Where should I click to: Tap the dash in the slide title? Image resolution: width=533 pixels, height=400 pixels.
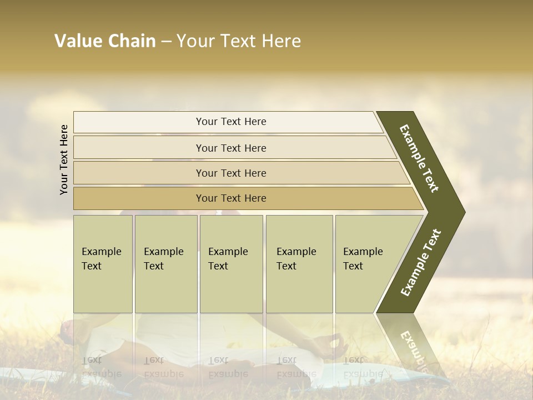[166, 42]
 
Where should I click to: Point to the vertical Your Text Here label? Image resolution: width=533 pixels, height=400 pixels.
[64, 159]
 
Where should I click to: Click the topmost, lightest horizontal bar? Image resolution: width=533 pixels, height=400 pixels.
[228, 122]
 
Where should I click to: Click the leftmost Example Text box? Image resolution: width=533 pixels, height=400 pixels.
[103, 264]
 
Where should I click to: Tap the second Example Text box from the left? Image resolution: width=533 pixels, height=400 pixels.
[165, 264]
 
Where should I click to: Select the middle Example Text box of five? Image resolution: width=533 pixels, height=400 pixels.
[231, 264]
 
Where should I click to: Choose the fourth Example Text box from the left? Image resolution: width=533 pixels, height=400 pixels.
[299, 264]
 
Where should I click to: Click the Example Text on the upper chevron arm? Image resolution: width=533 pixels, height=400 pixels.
[420, 158]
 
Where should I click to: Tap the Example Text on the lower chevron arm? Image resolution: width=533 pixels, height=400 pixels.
[421, 263]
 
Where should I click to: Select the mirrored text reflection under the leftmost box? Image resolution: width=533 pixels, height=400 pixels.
[101, 367]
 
